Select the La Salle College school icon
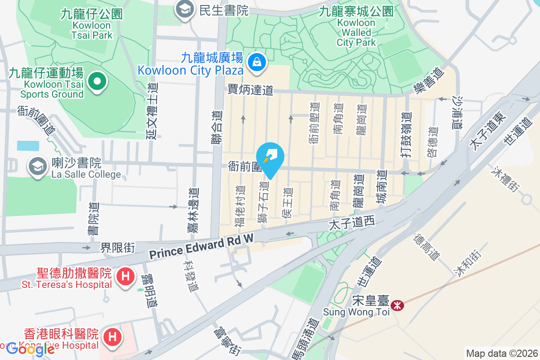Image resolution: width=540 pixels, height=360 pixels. (x=37, y=167)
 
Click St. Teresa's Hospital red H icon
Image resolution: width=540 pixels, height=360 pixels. (x=126, y=275)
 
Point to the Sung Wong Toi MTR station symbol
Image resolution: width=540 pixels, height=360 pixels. (x=397, y=306)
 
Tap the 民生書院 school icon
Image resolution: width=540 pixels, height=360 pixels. (x=184, y=9)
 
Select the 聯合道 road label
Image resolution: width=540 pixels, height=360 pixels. (x=217, y=128)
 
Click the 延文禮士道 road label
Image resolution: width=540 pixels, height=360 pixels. (x=152, y=112)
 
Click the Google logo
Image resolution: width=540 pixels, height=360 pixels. (x=31, y=349)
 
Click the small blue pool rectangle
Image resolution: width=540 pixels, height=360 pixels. (x=28, y=145)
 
